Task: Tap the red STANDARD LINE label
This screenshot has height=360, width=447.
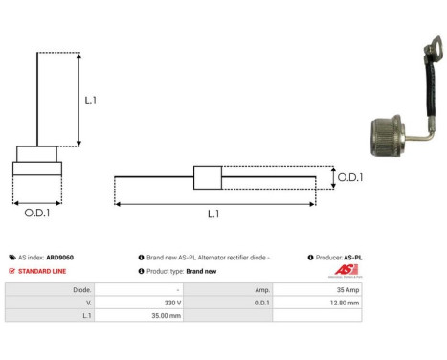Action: [x=42, y=271]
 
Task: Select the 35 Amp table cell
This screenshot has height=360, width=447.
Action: [x=346, y=288]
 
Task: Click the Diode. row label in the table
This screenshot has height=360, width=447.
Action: [x=82, y=288]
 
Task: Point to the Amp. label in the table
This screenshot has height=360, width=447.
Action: [x=260, y=288]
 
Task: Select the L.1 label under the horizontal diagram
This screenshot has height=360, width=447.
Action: [x=212, y=214]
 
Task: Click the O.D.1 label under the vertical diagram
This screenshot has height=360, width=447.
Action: [x=36, y=213]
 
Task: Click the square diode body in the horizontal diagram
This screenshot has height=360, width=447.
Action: [x=207, y=177]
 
